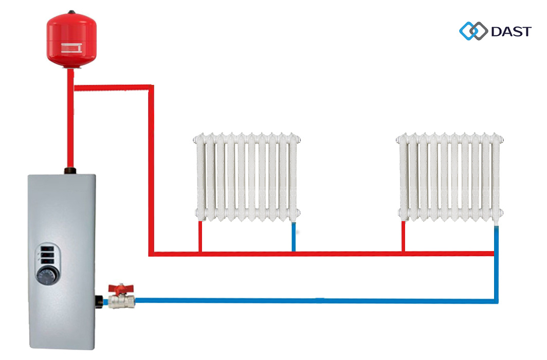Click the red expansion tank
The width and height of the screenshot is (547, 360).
[71, 40]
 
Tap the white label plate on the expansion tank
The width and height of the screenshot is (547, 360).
[71, 48]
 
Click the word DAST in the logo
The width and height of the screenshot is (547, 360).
[511, 31]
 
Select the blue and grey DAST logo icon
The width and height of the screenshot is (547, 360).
[473, 31]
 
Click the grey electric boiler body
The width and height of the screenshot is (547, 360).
[62, 261]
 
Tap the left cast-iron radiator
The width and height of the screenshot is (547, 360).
[247, 177]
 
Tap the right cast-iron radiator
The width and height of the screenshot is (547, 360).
[450, 177]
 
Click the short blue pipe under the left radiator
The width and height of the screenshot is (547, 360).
[294, 237]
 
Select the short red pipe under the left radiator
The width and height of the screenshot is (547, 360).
[200, 236]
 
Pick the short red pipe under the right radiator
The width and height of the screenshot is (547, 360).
[404, 236]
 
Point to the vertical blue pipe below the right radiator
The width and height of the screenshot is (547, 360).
[496, 264]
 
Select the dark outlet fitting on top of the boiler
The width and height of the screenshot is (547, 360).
[70, 171]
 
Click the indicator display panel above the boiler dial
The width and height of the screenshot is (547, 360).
[47, 255]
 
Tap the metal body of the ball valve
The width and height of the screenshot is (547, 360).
[121, 301]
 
